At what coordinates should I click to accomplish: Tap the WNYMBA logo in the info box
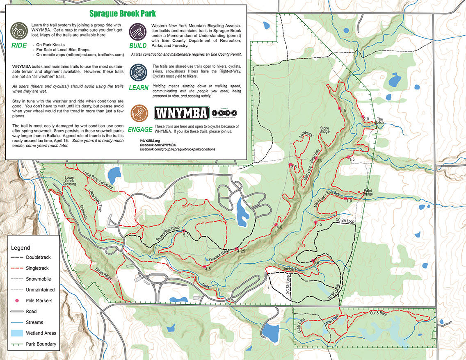tap(181, 113)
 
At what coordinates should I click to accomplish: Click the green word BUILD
tap(138, 46)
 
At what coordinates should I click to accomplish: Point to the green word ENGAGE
tap(140, 130)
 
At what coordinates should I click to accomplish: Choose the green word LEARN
tap(138, 88)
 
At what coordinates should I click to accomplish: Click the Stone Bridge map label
tap(324, 130)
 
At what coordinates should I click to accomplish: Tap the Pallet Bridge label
tap(368, 193)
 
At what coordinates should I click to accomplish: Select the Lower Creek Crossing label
tap(69, 182)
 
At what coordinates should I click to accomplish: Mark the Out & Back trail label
tap(378, 313)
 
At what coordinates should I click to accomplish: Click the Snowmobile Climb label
tap(167, 235)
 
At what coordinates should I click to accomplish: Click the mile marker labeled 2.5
tap(340, 108)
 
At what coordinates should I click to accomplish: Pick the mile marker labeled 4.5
tap(205, 267)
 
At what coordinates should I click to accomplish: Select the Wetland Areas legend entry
tap(41, 333)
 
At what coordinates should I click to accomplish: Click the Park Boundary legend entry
tap(41, 344)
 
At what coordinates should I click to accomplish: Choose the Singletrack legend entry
tap(37, 268)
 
